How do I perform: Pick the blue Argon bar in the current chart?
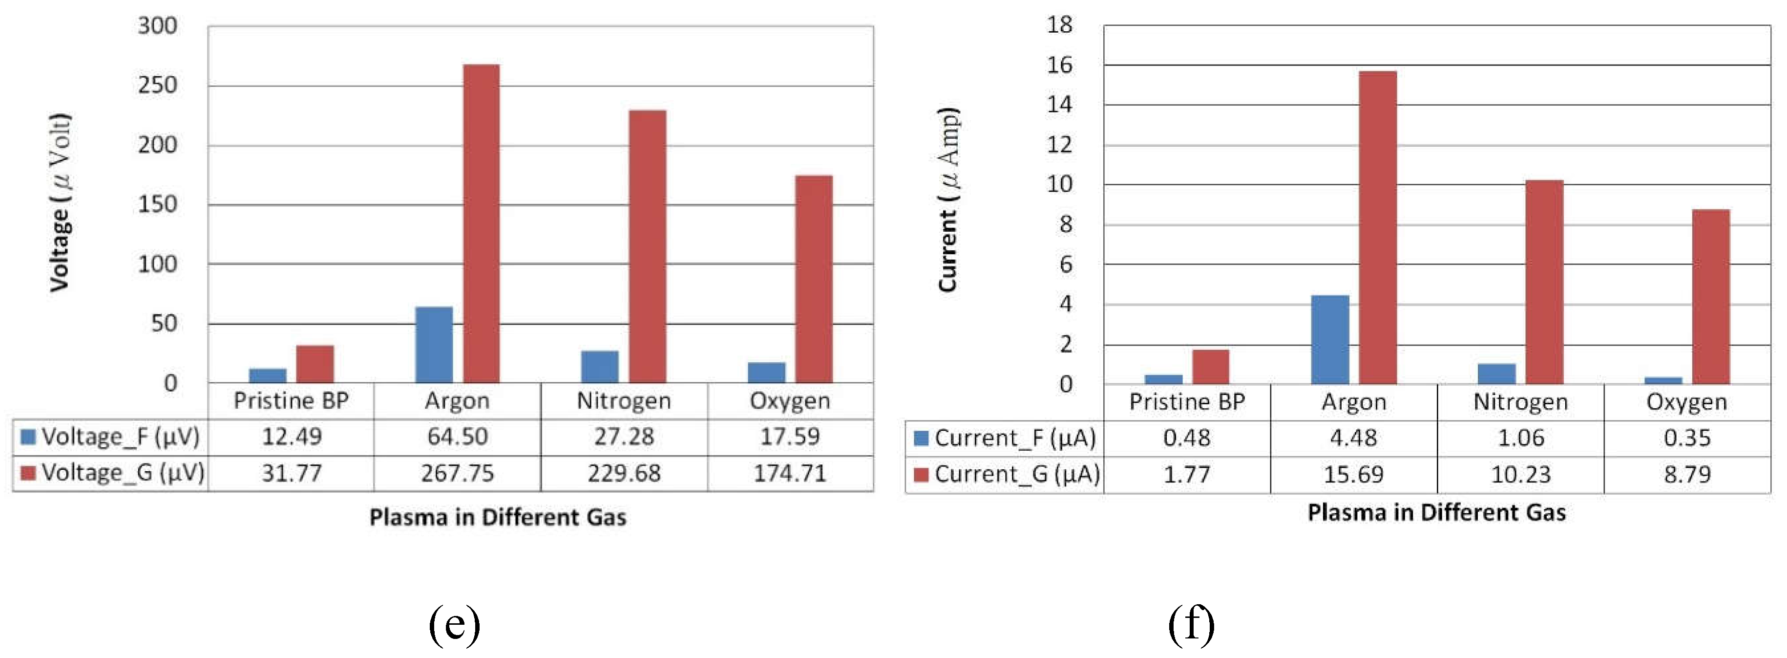tap(1329, 339)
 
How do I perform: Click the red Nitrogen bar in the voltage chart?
tap(647, 246)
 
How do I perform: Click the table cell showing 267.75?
tap(457, 473)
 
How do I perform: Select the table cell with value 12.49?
tap(292, 437)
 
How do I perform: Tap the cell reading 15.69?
tap(1353, 474)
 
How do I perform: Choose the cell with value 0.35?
tap(1686, 438)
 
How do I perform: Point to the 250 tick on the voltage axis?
tap(157, 86)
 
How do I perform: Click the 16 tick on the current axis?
tap(1059, 65)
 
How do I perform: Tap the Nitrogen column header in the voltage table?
tap(624, 401)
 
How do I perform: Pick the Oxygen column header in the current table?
tap(1686, 402)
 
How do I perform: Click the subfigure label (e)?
tap(454, 623)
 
